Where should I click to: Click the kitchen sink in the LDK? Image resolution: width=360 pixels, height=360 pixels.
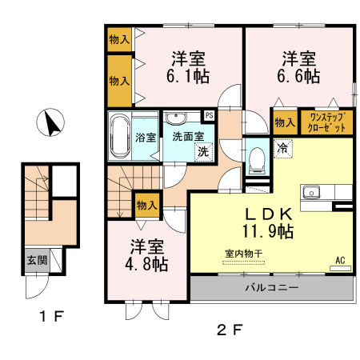pos(310,193)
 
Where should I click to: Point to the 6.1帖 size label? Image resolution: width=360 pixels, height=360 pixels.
pos(189,77)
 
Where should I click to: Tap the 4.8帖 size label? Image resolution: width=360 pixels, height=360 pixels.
pos(147,262)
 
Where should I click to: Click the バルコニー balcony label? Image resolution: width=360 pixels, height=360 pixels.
pos(271,287)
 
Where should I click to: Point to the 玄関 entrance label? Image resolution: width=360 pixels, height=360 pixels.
pos(36,259)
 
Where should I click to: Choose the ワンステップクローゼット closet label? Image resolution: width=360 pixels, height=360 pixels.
pos(326,122)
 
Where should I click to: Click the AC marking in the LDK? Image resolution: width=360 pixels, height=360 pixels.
pos(340,260)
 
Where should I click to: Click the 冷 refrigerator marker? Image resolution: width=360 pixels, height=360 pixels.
pos(282,147)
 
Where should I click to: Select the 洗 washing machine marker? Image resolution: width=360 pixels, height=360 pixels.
pos(203,151)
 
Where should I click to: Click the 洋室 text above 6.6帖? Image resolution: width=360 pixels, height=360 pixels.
pos(299,58)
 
